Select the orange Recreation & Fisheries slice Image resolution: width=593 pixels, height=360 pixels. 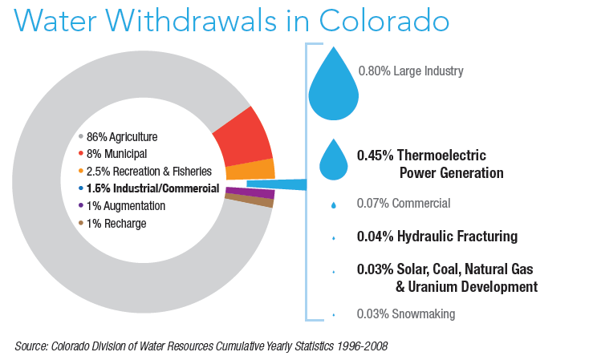[x=250, y=169]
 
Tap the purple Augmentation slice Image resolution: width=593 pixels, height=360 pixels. [x=250, y=193]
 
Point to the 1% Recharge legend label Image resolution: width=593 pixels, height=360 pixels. [x=116, y=223]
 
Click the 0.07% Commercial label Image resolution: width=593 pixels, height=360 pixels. [x=403, y=204]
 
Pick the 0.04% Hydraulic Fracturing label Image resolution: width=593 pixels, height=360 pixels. [x=437, y=237]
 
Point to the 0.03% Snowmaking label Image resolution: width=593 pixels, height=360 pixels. [x=405, y=313]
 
